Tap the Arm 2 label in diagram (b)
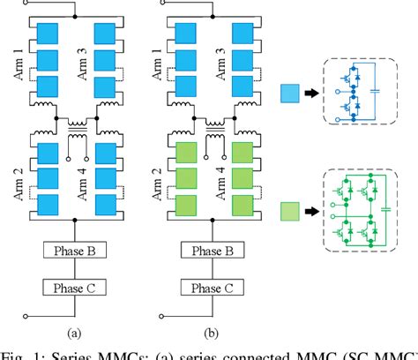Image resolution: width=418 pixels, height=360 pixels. (x=163, y=180)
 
